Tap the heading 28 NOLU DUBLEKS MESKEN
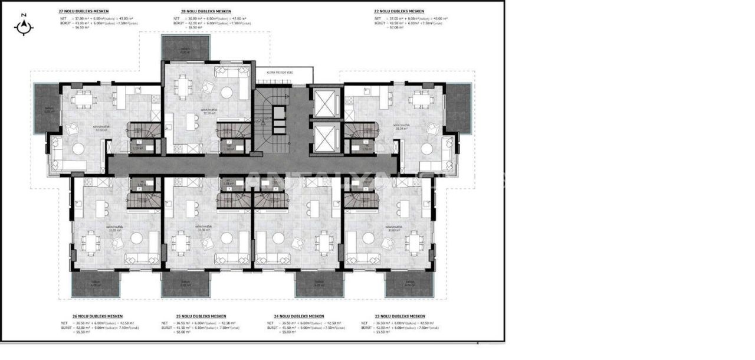click(x=206, y=11)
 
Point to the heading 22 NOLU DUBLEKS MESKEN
click(x=399, y=11)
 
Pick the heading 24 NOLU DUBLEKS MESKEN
click(x=300, y=316)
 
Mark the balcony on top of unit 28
click(x=185, y=47)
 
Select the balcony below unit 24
click(x=319, y=284)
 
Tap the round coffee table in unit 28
click(x=226, y=93)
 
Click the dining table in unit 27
click(x=84, y=97)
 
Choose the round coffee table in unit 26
click(x=136, y=238)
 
